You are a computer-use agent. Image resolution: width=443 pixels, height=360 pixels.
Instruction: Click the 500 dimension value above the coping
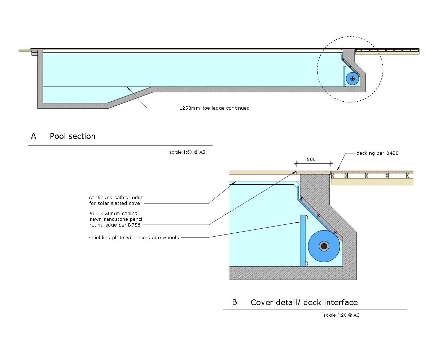point(311,159)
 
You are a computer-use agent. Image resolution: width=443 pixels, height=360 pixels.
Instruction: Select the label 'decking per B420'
point(377,153)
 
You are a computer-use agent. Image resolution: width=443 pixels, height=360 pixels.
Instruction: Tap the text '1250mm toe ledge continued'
point(215,108)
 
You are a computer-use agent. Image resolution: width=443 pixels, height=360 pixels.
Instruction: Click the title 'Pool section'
point(73,136)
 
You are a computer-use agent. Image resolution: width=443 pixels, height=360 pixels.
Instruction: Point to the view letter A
point(34,136)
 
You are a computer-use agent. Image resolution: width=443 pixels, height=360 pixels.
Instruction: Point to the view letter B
point(234,303)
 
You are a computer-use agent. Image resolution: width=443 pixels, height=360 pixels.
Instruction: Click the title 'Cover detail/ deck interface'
point(304,303)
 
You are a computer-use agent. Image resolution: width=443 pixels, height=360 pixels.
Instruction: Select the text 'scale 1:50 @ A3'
point(187,152)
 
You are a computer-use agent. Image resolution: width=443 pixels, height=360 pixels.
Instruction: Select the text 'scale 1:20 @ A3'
point(341,315)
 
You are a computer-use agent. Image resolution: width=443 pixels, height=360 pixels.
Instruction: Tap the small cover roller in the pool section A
point(352,79)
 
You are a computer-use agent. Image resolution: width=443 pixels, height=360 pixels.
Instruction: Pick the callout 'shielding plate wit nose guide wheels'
point(134,238)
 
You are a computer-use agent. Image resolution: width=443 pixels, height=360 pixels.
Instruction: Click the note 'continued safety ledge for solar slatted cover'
point(116,201)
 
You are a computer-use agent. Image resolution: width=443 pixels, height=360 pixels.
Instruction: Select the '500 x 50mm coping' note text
point(113,214)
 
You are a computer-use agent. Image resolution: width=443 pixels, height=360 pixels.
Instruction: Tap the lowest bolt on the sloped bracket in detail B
point(335,232)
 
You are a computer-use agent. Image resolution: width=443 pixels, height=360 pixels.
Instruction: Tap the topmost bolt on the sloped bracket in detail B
point(302,199)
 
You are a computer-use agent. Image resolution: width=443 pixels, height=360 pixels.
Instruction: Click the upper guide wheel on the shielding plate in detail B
point(306,218)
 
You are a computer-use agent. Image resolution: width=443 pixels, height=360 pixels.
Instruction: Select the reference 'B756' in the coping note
point(133,225)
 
